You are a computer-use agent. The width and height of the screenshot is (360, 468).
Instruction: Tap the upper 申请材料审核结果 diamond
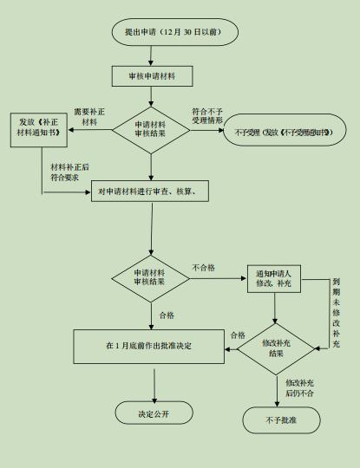point(151,130)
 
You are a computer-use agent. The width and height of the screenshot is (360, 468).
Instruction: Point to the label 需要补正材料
point(90,117)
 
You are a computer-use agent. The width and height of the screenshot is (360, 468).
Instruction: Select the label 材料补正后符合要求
point(70,172)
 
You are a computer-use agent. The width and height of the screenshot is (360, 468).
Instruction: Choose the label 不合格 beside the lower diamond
point(203,267)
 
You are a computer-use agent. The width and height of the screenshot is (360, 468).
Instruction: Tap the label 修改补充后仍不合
point(300,387)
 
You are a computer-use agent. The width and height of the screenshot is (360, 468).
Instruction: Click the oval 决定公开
point(154,413)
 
